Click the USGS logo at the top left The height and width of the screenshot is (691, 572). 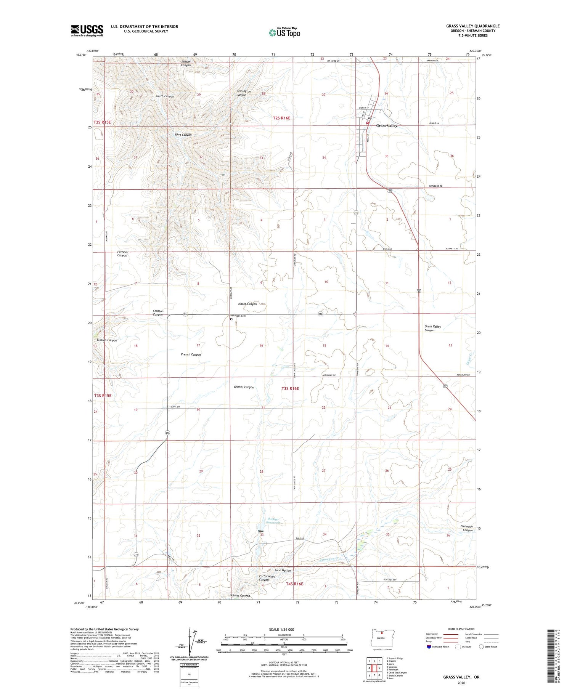click(87, 30)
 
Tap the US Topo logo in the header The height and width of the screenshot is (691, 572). click(284, 33)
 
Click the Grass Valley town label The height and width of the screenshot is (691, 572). click(387, 125)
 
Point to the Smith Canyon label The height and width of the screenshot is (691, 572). click(165, 96)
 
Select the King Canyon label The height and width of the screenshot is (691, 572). click(183, 135)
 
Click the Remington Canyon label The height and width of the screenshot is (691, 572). click(244, 93)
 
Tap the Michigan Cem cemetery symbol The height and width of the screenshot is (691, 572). click(231, 319)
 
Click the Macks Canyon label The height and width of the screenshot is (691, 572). click(247, 304)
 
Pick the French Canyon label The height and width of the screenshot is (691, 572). click(191, 354)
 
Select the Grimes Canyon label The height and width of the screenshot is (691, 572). click(244, 387)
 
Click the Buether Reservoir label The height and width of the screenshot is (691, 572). click(273, 521)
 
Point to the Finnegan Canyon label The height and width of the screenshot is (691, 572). click(468, 528)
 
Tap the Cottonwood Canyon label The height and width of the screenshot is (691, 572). click(267, 578)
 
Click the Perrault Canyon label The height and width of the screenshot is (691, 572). click(122, 254)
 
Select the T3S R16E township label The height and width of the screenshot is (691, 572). click(290, 388)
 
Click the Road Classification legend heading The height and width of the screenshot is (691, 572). click(461, 629)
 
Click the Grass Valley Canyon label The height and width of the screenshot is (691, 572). click(433, 328)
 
